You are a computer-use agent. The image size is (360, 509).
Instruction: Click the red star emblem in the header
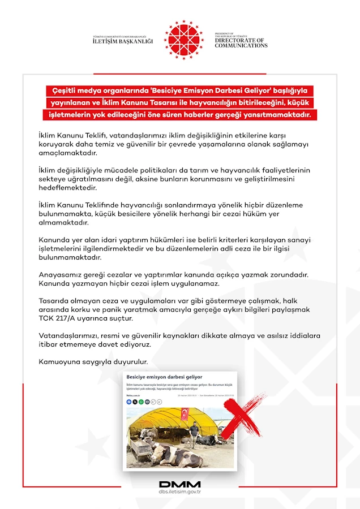[183, 40]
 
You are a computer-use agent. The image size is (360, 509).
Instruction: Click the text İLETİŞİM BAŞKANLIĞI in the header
[123, 41]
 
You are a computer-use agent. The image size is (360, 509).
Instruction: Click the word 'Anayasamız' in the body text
[60, 274]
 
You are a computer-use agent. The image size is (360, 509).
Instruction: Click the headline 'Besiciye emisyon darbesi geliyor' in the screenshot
[165, 377]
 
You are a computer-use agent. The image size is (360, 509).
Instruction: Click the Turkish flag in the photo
[185, 413]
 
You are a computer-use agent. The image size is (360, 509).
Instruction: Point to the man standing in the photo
[194, 433]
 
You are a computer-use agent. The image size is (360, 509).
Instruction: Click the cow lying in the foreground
[173, 454]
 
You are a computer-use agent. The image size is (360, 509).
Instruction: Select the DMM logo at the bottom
[180, 484]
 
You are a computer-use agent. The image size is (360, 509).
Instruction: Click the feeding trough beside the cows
[140, 450]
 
